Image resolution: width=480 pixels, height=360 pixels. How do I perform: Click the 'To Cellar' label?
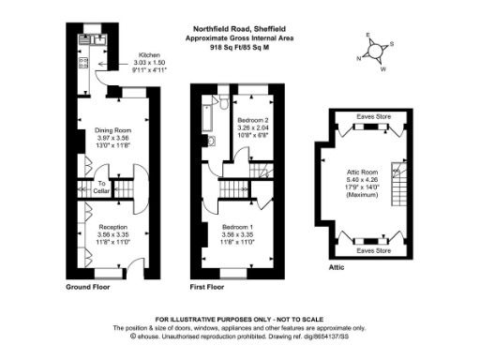click(x=100, y=187)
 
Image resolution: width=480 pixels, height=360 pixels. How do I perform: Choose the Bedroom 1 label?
click(x=242, y=226)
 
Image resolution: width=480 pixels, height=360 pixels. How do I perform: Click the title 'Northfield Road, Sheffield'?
click(x=241, y=29)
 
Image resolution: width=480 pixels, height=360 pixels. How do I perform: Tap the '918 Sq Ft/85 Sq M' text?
click(x=241, y=46)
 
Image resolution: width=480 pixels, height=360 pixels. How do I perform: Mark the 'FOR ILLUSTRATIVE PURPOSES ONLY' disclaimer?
click(x=240, y=321)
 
